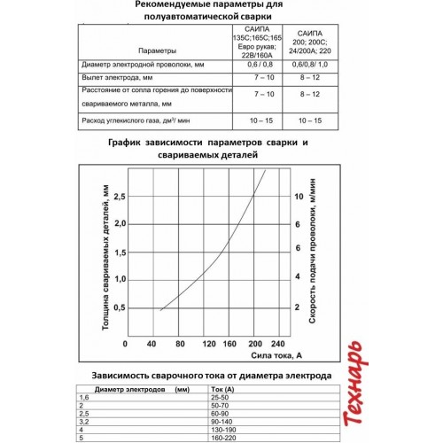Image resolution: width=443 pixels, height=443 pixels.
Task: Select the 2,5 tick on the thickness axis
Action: coord(120,196)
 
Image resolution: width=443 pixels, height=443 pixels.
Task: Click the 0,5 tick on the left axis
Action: coord(120,307)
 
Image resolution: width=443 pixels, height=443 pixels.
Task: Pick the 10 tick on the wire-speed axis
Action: coord(299,196)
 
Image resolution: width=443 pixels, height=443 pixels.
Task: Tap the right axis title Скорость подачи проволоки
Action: coord(315,253)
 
